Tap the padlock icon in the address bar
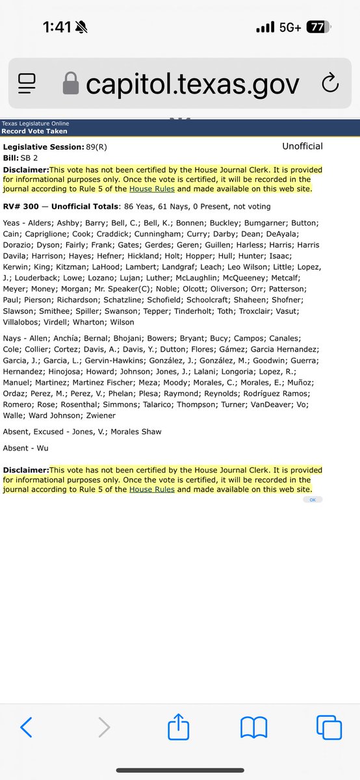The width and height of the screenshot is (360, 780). (x=70, y=84)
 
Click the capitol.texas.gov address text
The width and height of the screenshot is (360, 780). (x=193, y=84)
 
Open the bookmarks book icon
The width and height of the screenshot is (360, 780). (x=254, y=727)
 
